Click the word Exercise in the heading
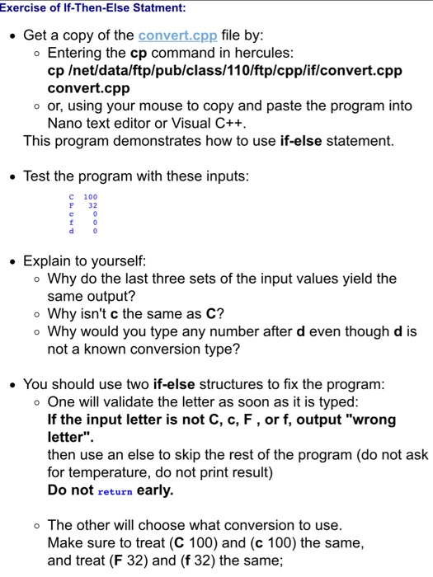(26, 8)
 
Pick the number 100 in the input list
(90, 197)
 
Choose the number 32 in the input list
(93, 205)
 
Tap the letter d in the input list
(71, 231)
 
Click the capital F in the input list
(71, 205)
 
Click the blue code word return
(115, 490)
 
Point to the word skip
(179, 455)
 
